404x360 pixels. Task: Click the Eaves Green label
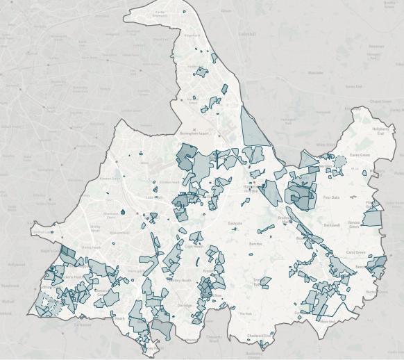pyautogui.click(x=359, y=155)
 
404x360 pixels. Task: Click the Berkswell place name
pyautogui.click(x=332, y=225)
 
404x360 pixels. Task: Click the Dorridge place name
pyautogui.click(x=183, y=306)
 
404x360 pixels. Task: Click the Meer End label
pyautogui.click(x=325, y=321)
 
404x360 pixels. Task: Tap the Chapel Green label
pyautogui.click(x=378, y=101)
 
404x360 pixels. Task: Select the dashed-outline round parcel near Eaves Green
pyautogui.click(x=339, y=164)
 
